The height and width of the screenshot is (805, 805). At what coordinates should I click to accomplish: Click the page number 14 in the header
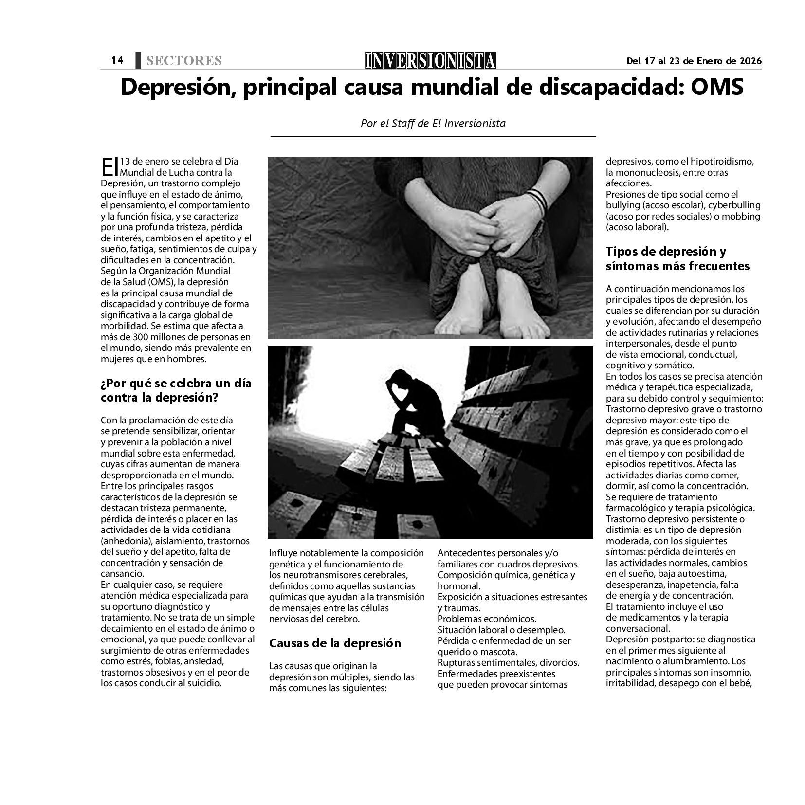117,60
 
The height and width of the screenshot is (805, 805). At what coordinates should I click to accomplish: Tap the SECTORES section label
183,61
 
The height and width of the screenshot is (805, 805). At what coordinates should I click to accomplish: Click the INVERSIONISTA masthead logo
430,60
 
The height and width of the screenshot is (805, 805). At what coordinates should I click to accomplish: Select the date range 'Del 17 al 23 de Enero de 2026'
694,61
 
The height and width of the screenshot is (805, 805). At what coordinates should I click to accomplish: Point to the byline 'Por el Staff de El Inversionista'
433,123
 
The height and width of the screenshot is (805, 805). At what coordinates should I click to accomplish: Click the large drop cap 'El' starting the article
110,166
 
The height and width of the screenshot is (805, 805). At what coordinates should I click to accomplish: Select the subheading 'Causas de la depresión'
335,643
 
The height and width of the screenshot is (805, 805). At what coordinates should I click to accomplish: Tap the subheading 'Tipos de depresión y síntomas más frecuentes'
677,259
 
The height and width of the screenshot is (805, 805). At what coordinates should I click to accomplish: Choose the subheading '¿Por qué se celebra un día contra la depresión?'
176,390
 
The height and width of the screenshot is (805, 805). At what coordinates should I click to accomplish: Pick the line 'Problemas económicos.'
487,619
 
